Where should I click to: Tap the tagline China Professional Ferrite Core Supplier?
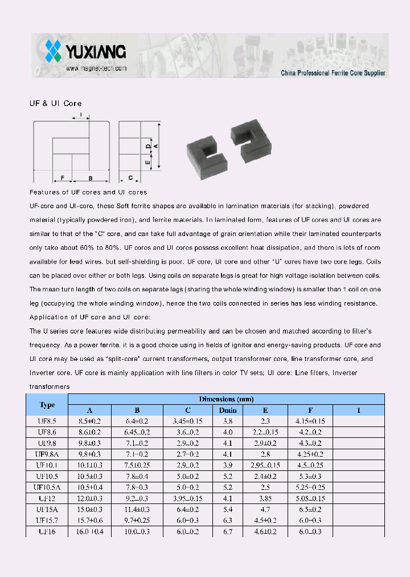(333, 73)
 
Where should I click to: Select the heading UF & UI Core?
(55, 104)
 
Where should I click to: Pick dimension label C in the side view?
(130, 178)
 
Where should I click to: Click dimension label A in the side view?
(155, 146)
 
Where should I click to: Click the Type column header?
(47, 405)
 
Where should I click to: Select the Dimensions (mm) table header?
(226, 399)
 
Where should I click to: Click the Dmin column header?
(227, 411)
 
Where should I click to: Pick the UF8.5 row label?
(47, 421)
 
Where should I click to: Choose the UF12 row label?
(47, 498)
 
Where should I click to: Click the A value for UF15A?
(89, 509)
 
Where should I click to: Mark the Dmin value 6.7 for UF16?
(227, 531)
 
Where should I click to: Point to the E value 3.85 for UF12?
(265, 498)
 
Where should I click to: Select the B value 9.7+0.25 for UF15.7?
(137, 520)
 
